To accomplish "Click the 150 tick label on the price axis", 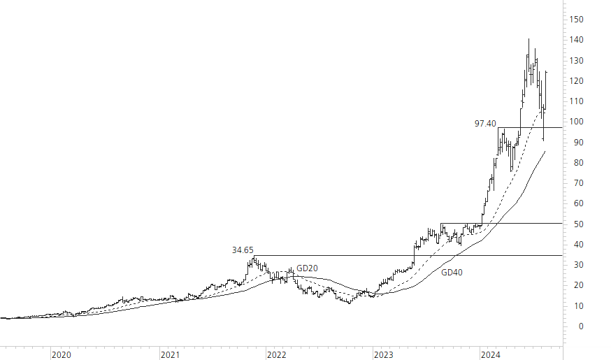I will [x=577, y=20].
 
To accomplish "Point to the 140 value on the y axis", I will [x=577, y=40].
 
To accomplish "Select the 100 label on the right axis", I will [x=577, y=122].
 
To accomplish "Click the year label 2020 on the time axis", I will [x=62, y=354].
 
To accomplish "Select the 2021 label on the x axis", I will [x=170, y=354].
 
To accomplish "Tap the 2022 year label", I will [x=277, y=354].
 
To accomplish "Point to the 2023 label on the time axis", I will [x=384, y=354].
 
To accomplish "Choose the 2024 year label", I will [x=491, y=354].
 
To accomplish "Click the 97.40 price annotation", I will [x=485, y=124].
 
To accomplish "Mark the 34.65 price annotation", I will [x=243, y=250].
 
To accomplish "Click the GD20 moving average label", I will [x=307, y=268].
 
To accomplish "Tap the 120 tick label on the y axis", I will [x=577, y=81].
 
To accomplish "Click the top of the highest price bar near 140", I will [x=529, y=39].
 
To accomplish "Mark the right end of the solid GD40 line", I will [x=545, y=151].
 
